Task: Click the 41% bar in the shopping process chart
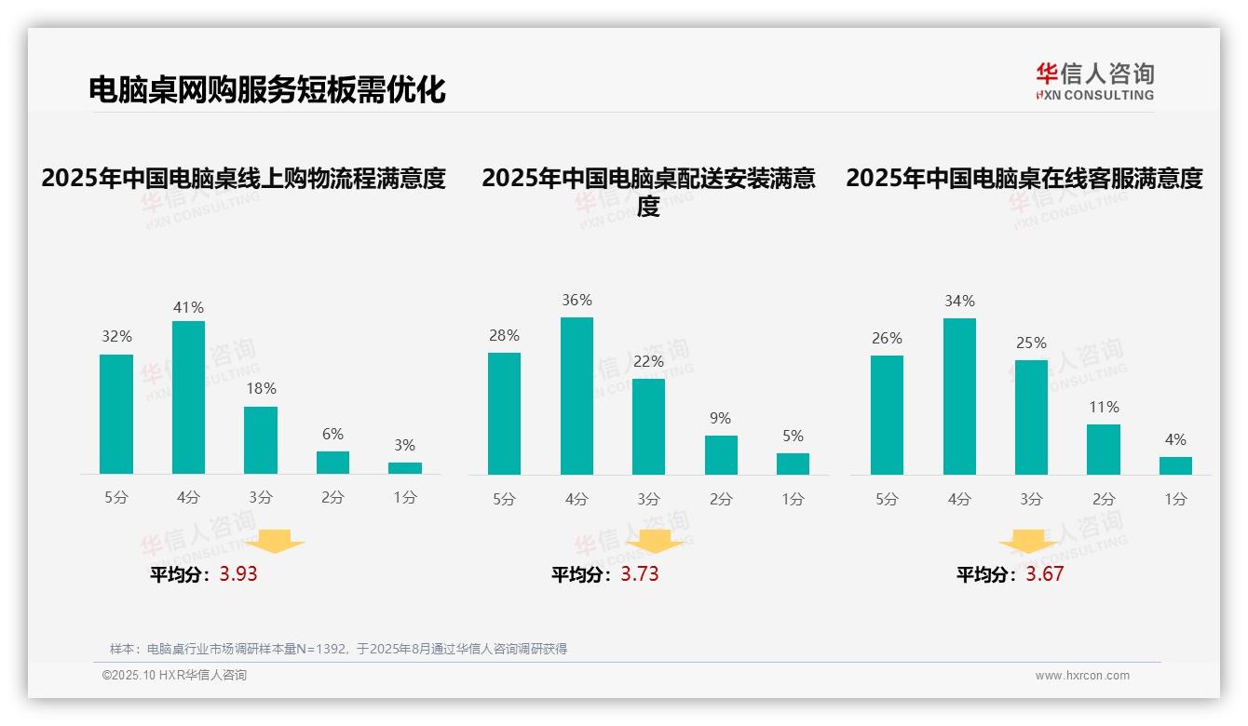click(188, 397)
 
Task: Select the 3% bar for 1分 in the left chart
click(405, 468)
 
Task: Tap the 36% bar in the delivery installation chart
click(577, 396)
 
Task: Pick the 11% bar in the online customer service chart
click(1104, 450)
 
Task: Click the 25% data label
click(1031, 343)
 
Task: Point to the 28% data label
click(504, 335)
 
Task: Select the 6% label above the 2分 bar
click(332, 434)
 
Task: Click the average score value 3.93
click(238, 574)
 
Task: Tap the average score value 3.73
click(640, 574)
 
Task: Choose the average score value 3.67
click(1045, 574)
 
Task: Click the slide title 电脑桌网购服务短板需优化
click(267, 89)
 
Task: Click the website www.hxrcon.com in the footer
click(1082, 676)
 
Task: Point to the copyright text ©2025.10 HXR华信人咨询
click(174, 676)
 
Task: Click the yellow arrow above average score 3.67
click(1028, 541)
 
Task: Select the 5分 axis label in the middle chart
click(504, 500)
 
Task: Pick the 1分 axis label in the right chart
click(1175, 500)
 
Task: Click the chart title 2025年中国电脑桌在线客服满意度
click(1024, 178)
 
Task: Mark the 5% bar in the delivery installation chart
click(793, 464)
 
